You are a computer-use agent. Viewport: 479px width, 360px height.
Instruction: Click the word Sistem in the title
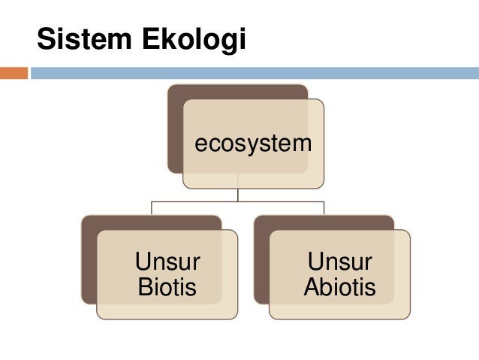click(x=82, y=40)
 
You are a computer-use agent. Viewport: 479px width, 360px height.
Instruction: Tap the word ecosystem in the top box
click(x=252, y=143)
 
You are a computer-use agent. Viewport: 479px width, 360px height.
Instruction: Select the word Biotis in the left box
click(x=167, y=287)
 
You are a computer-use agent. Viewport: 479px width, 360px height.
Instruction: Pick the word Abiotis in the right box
click(x=339, y=287)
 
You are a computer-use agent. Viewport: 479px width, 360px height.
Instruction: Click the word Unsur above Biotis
click(x=167, y=262)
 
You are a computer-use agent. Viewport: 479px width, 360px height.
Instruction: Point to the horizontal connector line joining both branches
click(x=238, y=202)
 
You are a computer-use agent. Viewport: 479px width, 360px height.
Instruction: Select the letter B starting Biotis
click(x=143, y=287)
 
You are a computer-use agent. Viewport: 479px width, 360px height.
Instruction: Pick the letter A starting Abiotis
click(x=311, y=287)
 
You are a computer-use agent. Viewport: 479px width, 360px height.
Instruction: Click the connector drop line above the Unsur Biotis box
click(x=152, y=208)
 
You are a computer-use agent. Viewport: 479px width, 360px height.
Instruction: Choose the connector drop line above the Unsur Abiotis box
click(x=324, y=208)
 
